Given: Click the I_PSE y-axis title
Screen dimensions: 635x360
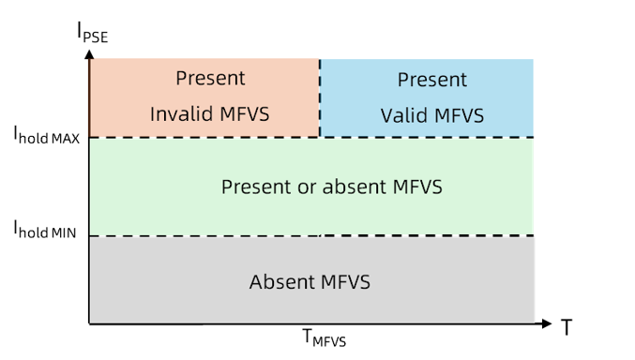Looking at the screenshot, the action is [92, 32].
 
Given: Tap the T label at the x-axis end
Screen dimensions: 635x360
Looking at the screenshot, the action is [567, 327].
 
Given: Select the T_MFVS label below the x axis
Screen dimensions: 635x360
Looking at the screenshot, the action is [325, 337].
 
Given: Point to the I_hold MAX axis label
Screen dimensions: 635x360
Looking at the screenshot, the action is [47, 135].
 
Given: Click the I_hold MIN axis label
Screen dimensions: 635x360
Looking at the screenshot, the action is [45, 229].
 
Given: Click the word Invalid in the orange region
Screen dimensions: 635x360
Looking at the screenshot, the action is [179, 113].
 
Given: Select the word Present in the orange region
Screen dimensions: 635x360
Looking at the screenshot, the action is [210, 78].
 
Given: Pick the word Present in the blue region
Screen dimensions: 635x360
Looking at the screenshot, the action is [432, 80].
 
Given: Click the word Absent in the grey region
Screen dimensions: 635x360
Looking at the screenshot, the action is [282, 282].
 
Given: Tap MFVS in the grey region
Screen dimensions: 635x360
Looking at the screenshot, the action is [345, 282].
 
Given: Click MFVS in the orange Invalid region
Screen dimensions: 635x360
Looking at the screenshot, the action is [245, 113].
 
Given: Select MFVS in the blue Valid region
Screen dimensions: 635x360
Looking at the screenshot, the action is [460, 115].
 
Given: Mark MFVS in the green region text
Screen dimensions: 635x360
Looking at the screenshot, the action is [417, 187].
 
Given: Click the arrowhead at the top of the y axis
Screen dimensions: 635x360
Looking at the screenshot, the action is [89, 54].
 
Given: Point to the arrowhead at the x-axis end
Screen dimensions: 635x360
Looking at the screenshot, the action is [547, 323].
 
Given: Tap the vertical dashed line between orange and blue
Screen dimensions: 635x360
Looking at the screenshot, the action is [320, 98].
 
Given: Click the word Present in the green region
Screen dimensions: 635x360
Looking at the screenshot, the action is [256, 187].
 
